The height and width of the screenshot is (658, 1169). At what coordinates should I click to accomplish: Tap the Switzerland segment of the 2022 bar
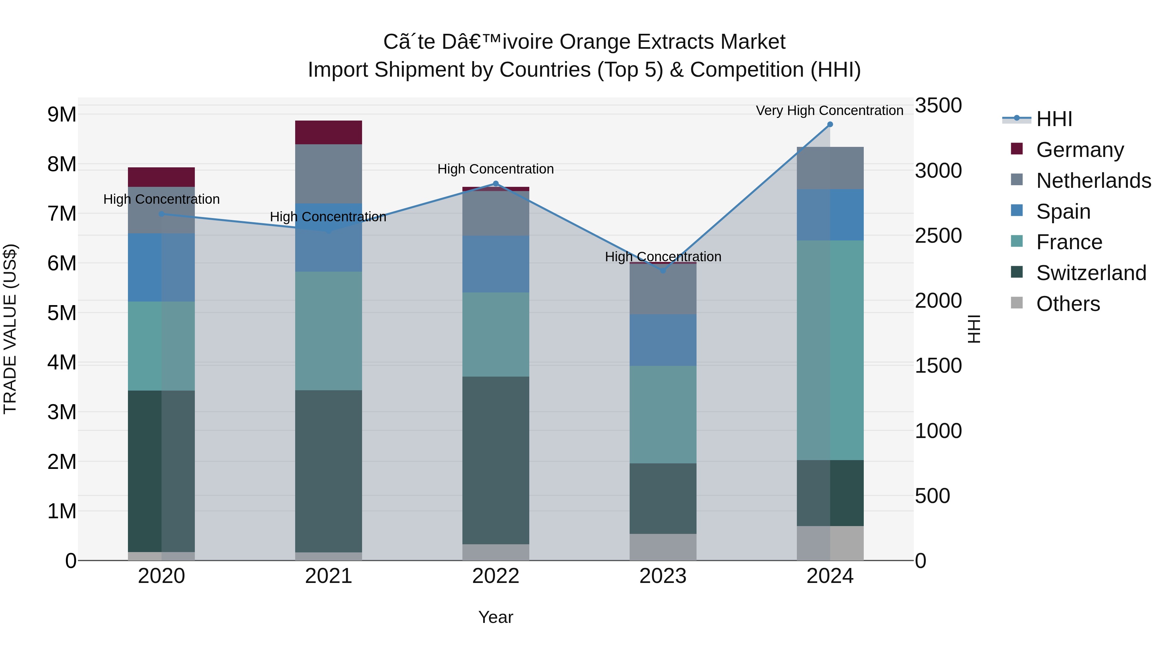[496, 460]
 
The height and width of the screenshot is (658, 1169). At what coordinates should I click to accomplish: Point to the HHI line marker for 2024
[830, 124]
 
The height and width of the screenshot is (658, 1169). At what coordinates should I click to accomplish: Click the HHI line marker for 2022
[496, 184]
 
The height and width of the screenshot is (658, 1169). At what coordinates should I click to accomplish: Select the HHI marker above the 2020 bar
[162, 214]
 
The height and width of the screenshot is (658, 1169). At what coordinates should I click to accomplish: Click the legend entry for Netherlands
[1093, 181]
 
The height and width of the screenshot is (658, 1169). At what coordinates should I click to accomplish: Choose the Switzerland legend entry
[1091, 273]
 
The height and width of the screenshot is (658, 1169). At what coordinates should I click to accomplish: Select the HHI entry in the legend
[1054, 119]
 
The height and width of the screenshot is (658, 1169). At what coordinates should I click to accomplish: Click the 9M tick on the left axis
[62, 114]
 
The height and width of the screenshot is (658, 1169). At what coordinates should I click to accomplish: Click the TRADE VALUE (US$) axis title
[10, 329]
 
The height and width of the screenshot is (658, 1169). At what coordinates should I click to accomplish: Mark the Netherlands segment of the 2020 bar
[162, 210]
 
